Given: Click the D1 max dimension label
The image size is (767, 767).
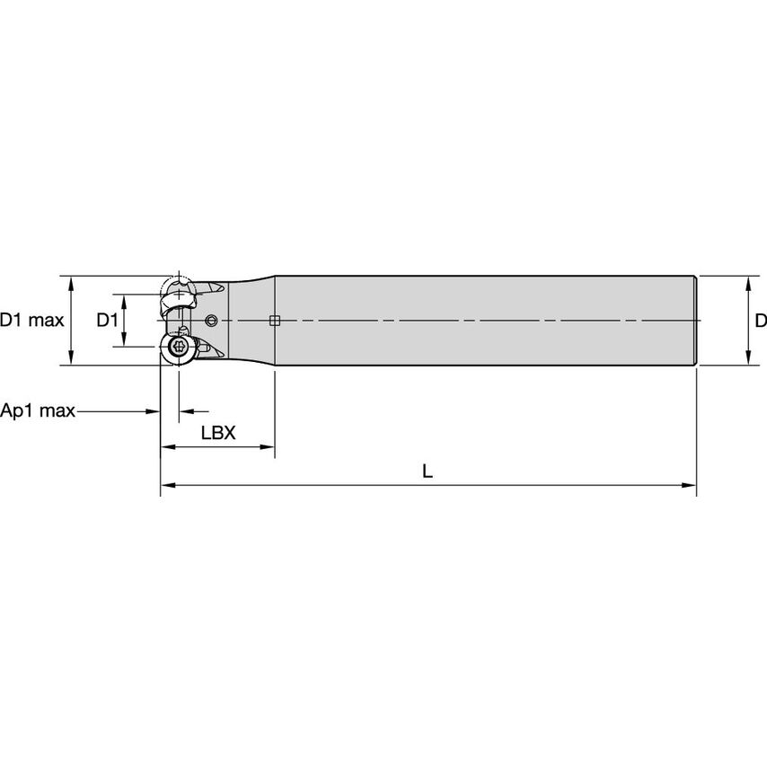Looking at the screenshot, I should pyautogui.click(x=32, y=321).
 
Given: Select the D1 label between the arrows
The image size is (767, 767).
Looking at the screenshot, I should pyautogui.click(x=107, y=321).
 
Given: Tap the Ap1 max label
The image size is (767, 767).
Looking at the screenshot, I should pyautogui.click(x=38, y=411).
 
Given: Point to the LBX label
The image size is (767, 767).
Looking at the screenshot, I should pyautogui.click(x=217, y=432).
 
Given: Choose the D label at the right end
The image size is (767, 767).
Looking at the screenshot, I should pyautogui.click(x=760, y=321).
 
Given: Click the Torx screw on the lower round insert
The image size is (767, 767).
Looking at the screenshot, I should pyautogui.click(x=178, y=348).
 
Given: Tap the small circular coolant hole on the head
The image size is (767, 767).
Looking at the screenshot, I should pyautogui.click(x=212, y=321).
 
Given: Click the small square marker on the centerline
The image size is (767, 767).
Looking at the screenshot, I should pyautogui.click(x=276, y=321).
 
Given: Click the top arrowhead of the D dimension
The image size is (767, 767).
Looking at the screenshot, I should pyautogui.click(x=747, y=282).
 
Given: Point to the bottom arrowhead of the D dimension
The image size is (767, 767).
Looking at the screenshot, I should pyautogui.click(x=747, y=359).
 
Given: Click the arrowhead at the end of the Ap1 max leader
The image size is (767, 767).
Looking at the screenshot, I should pyautogui.click(x=154, y=412).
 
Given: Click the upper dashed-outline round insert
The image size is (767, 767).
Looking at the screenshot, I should pyautogui.click(x=177, y=291).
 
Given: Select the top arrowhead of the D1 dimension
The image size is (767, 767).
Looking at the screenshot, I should pyautogui.click(x=125, y=299).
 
